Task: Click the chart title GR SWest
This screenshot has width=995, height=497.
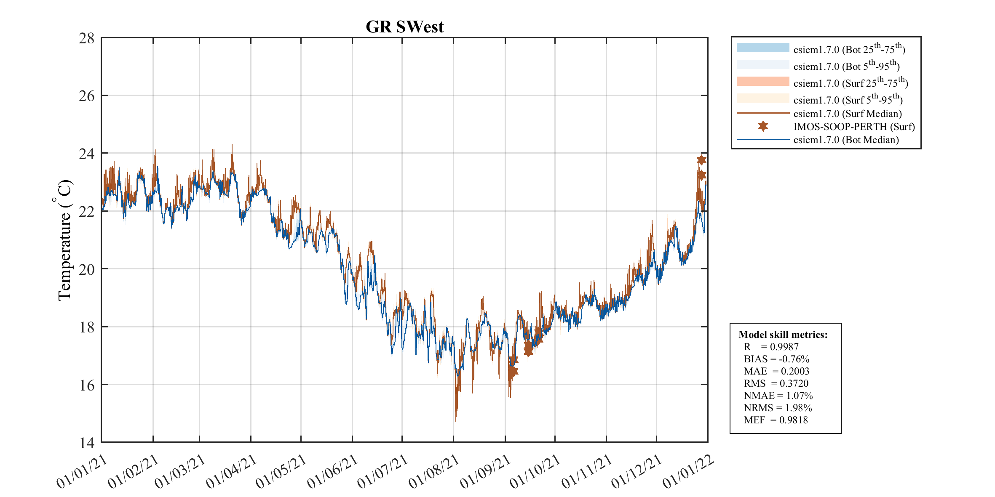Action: [404, 27]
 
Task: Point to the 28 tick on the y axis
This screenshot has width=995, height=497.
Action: [86, 38]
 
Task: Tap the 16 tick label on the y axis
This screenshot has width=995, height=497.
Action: [86, 385]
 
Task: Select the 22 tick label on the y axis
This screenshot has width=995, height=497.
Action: [86, 211]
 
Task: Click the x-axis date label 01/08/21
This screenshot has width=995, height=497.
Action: [434, 472]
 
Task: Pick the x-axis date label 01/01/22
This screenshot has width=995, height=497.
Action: [688, 472]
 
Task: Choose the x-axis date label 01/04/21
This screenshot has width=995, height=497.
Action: [232, 472]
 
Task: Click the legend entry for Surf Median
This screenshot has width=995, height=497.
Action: [847, 114]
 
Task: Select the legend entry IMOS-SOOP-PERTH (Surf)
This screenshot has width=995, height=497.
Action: [854, 127]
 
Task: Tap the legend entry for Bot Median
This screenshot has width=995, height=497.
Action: [846, 140]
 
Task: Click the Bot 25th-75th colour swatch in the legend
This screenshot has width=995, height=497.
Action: [762, 48]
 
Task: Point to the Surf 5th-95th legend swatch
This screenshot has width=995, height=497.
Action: [762, 98]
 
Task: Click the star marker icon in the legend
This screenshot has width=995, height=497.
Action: [763, 126]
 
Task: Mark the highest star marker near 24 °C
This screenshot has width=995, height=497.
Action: [701, 160]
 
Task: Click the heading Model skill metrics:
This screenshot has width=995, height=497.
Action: [783, 335]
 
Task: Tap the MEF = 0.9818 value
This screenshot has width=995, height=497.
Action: [776, 420]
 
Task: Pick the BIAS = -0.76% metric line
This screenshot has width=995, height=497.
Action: [776, 359]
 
